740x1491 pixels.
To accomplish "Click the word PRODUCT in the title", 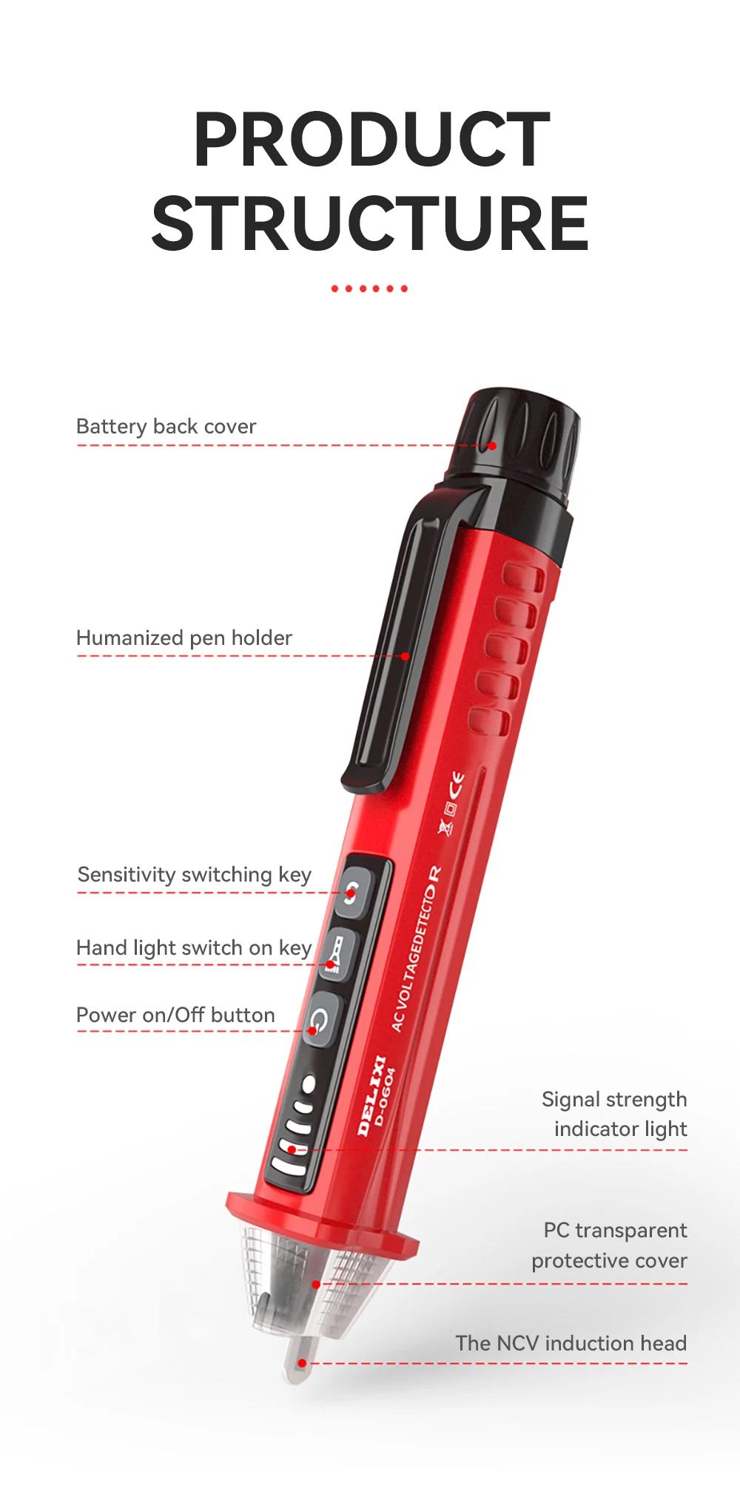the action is pos(371,140).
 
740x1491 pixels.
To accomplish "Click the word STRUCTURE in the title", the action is pos(370,223).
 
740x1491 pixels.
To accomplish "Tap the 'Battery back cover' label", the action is pos(166,427).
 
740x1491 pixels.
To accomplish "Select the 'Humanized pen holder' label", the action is pos(184,638).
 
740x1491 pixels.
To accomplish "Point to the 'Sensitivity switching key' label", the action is pos(195,875).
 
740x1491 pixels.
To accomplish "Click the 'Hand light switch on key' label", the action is pos(194,947).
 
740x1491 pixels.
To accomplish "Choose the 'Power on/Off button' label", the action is pos(176,1015).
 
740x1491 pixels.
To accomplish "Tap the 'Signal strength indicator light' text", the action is pos(615,1114).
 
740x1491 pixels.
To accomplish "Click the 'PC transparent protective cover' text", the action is pos(610,1245).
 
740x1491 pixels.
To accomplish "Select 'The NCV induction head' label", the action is pos(571,1343).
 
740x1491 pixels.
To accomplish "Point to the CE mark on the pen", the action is pos(457,782).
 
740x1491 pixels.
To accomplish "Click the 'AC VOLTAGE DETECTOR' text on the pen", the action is pos(416,950).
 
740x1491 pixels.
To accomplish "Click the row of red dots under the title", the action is pos(369,288).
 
